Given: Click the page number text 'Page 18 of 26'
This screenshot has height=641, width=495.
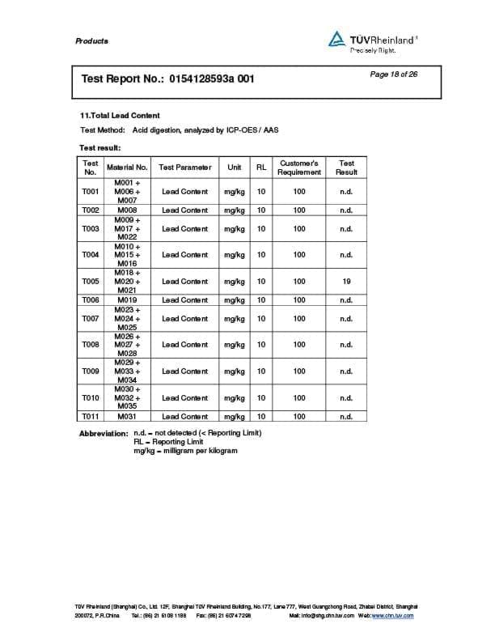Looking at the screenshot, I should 393,74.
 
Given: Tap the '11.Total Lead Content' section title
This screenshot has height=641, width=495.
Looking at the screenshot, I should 121,116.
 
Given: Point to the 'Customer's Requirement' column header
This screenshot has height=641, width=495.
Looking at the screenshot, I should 299,168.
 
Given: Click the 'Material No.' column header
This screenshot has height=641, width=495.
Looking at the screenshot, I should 127,168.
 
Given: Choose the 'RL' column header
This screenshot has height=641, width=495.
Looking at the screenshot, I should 261,168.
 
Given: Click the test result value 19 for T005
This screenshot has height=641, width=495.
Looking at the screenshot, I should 346,282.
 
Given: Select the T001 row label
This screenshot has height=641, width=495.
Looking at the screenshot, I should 91,192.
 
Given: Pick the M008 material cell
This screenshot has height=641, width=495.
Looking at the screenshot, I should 128,210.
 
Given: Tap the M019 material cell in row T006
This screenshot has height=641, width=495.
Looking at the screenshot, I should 128,300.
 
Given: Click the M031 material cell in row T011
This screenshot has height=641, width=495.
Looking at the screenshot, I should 128,417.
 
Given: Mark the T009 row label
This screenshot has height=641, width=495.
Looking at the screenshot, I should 91,371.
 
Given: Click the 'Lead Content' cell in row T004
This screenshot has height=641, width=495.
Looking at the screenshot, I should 184,255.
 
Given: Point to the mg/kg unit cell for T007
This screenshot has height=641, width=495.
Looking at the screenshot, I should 235,319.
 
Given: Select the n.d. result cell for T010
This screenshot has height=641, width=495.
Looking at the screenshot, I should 346,398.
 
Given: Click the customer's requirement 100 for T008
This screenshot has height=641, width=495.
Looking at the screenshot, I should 299,345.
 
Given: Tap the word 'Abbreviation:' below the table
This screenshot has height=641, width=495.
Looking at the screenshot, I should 104,434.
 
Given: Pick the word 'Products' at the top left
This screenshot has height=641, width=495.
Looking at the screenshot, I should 91,41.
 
